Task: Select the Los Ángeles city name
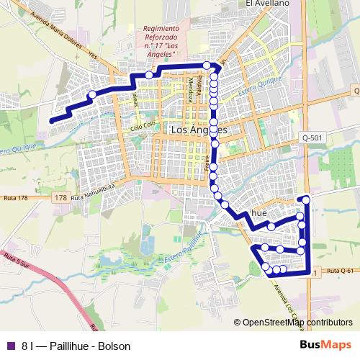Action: pos(199,130)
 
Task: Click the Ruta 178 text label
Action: pos(15,197)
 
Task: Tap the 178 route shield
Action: pos(60,197)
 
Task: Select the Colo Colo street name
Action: pos(143,128)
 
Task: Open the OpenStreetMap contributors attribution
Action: pos(297,322)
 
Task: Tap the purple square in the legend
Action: pos(9,346)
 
